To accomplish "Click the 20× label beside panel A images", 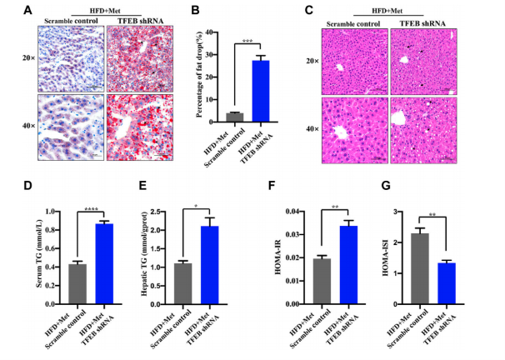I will point(27,59).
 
